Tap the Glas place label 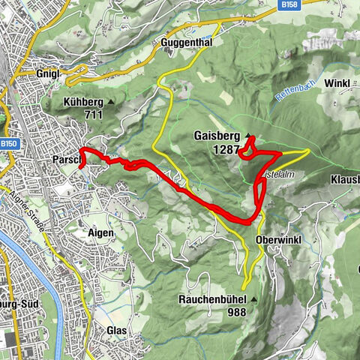click(x=116, y=331)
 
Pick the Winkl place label click(x=337, y=82)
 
